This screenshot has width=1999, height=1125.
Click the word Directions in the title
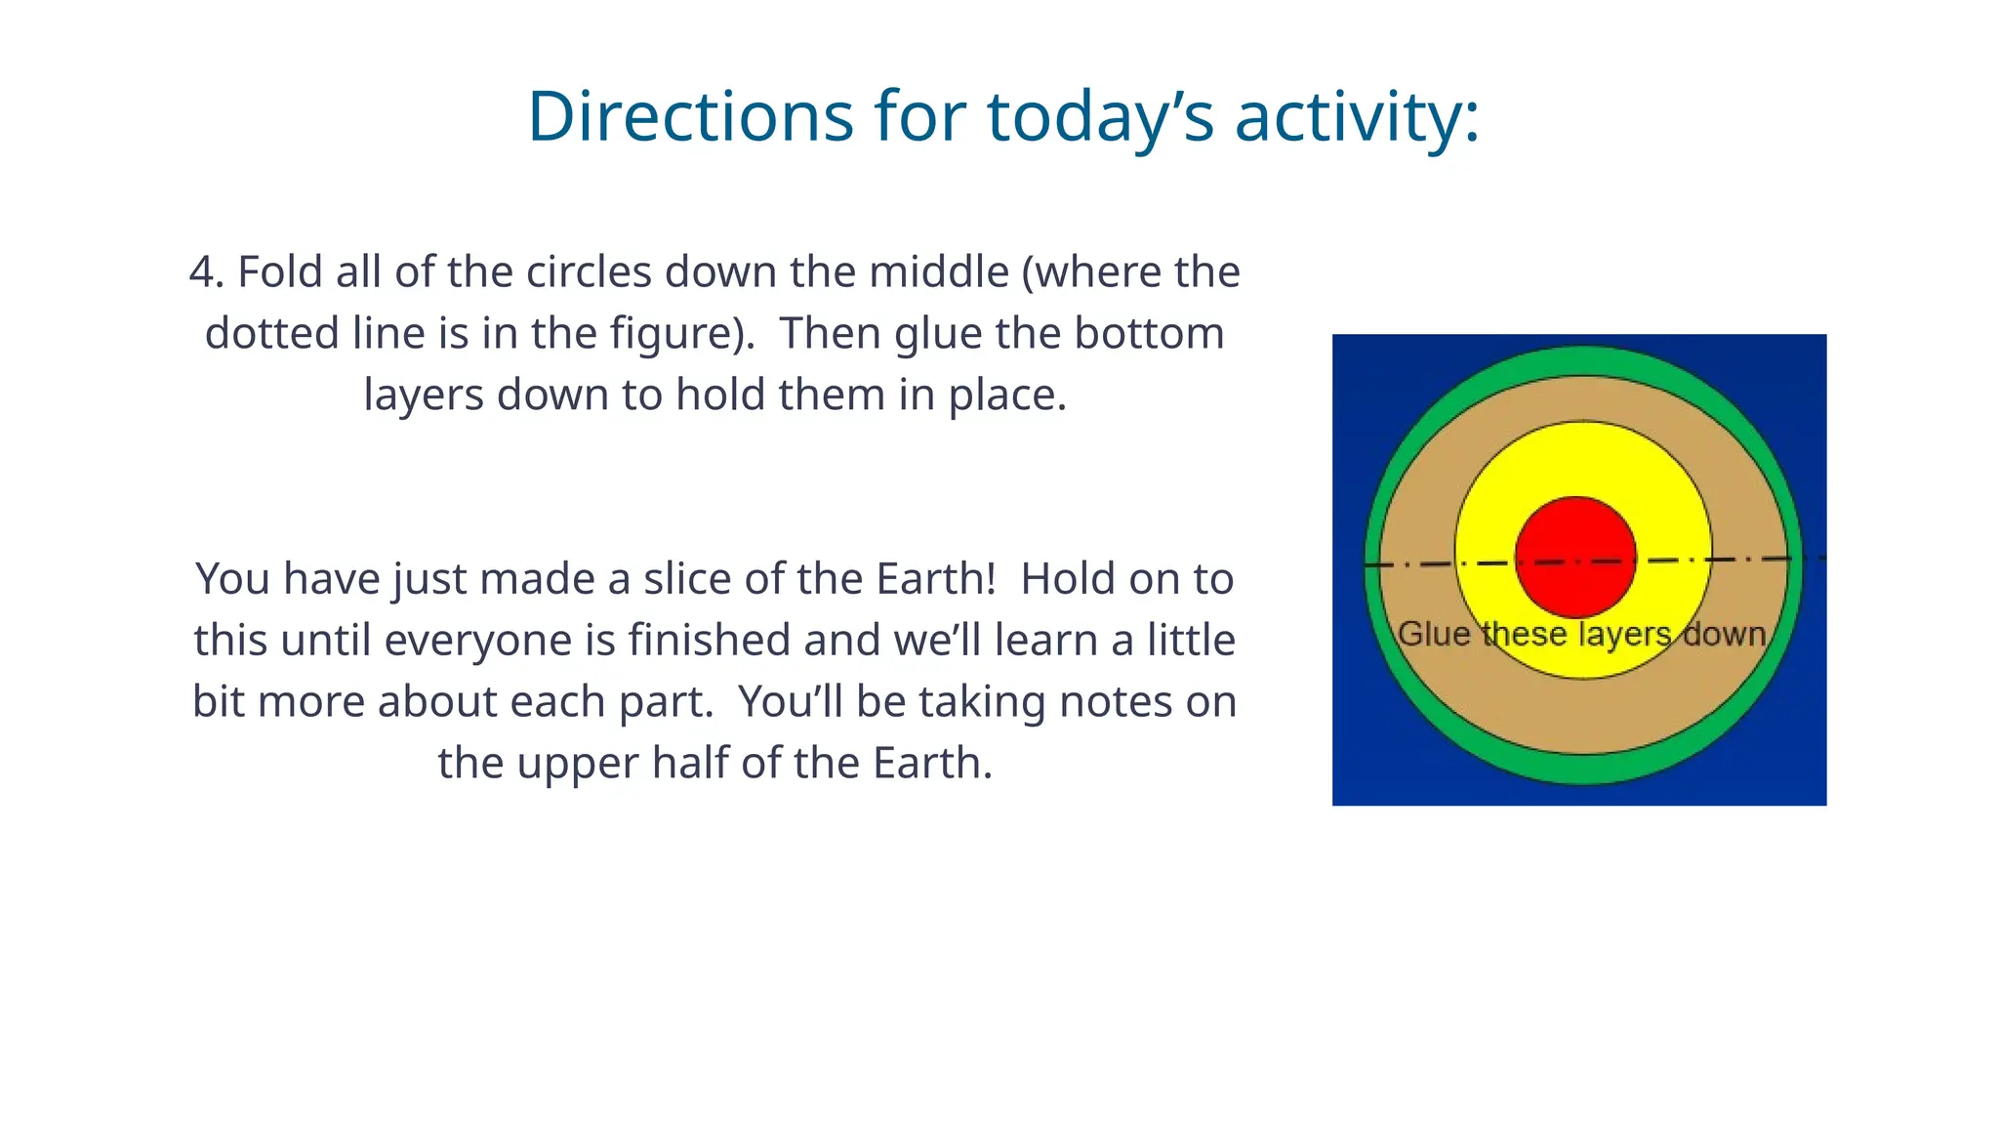pos(690,116)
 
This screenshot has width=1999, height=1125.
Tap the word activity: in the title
pos(1358,116)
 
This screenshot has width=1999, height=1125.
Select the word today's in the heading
pos(1100,116)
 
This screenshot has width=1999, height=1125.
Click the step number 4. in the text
pos(207,271)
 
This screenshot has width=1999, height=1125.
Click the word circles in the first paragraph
pos(589,271)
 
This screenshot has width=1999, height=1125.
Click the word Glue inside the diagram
pos(1434,634)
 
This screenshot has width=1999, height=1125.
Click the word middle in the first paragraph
pos(938,271)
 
